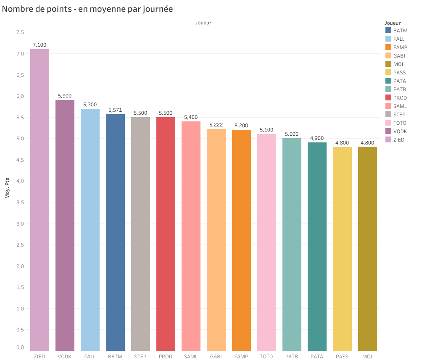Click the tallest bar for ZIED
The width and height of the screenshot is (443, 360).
coord(40,200)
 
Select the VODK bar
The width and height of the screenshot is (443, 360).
coord(65,225)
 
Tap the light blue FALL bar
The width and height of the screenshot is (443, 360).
coord(90,229)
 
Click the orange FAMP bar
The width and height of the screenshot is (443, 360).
coord(241,240)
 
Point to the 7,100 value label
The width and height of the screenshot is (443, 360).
coord(40,45)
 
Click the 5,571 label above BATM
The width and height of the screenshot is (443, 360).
coord(115,110)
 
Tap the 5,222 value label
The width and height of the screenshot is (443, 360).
coord(216,125)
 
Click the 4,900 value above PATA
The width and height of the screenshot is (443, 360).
coord(317,138)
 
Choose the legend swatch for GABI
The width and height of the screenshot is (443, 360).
coord(388,56)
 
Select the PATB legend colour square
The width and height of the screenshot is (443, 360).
coord(388,89)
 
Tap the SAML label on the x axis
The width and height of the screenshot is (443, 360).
coord(191,357)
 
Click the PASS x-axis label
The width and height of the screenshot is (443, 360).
coord(342,357)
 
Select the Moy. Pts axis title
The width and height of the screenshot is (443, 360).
coord(7,189)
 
